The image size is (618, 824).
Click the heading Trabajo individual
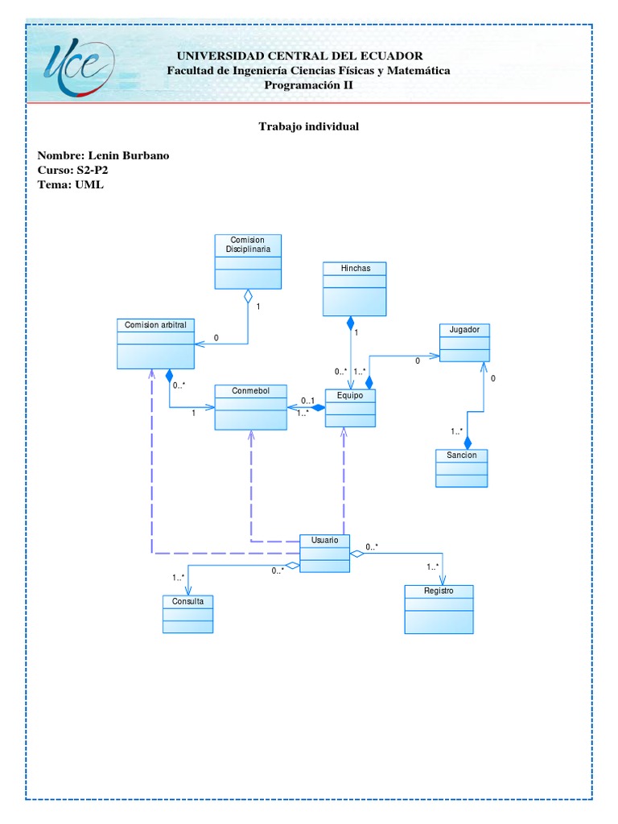click(x=308, y=127)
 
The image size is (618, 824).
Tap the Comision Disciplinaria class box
click(x=249, y=261)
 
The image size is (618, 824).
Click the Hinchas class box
click(x=354, y=288)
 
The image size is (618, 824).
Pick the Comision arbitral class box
click(x=155, y=344)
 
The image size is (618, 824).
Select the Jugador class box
click(x=463, y=342)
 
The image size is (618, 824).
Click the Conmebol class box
click(x=250, y=407)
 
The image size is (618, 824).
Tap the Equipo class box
click(x=350, y=408)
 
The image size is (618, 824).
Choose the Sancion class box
click(x=461, y=468)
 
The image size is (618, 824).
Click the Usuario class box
click(x=324, y=553)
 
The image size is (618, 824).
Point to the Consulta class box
click(x=187, y=614)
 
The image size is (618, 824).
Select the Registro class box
click(x=439, y=609)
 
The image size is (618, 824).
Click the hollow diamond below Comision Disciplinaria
click(x=248, y=295)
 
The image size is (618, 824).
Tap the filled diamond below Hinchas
click(x=350, y=323)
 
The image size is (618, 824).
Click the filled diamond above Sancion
click(x=468, y=442)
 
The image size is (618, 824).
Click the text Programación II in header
click(x=308, y=85)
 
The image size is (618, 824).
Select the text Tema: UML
click(x=71, y=184)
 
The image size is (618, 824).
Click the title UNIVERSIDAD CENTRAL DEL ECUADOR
click(x=299, y=56)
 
